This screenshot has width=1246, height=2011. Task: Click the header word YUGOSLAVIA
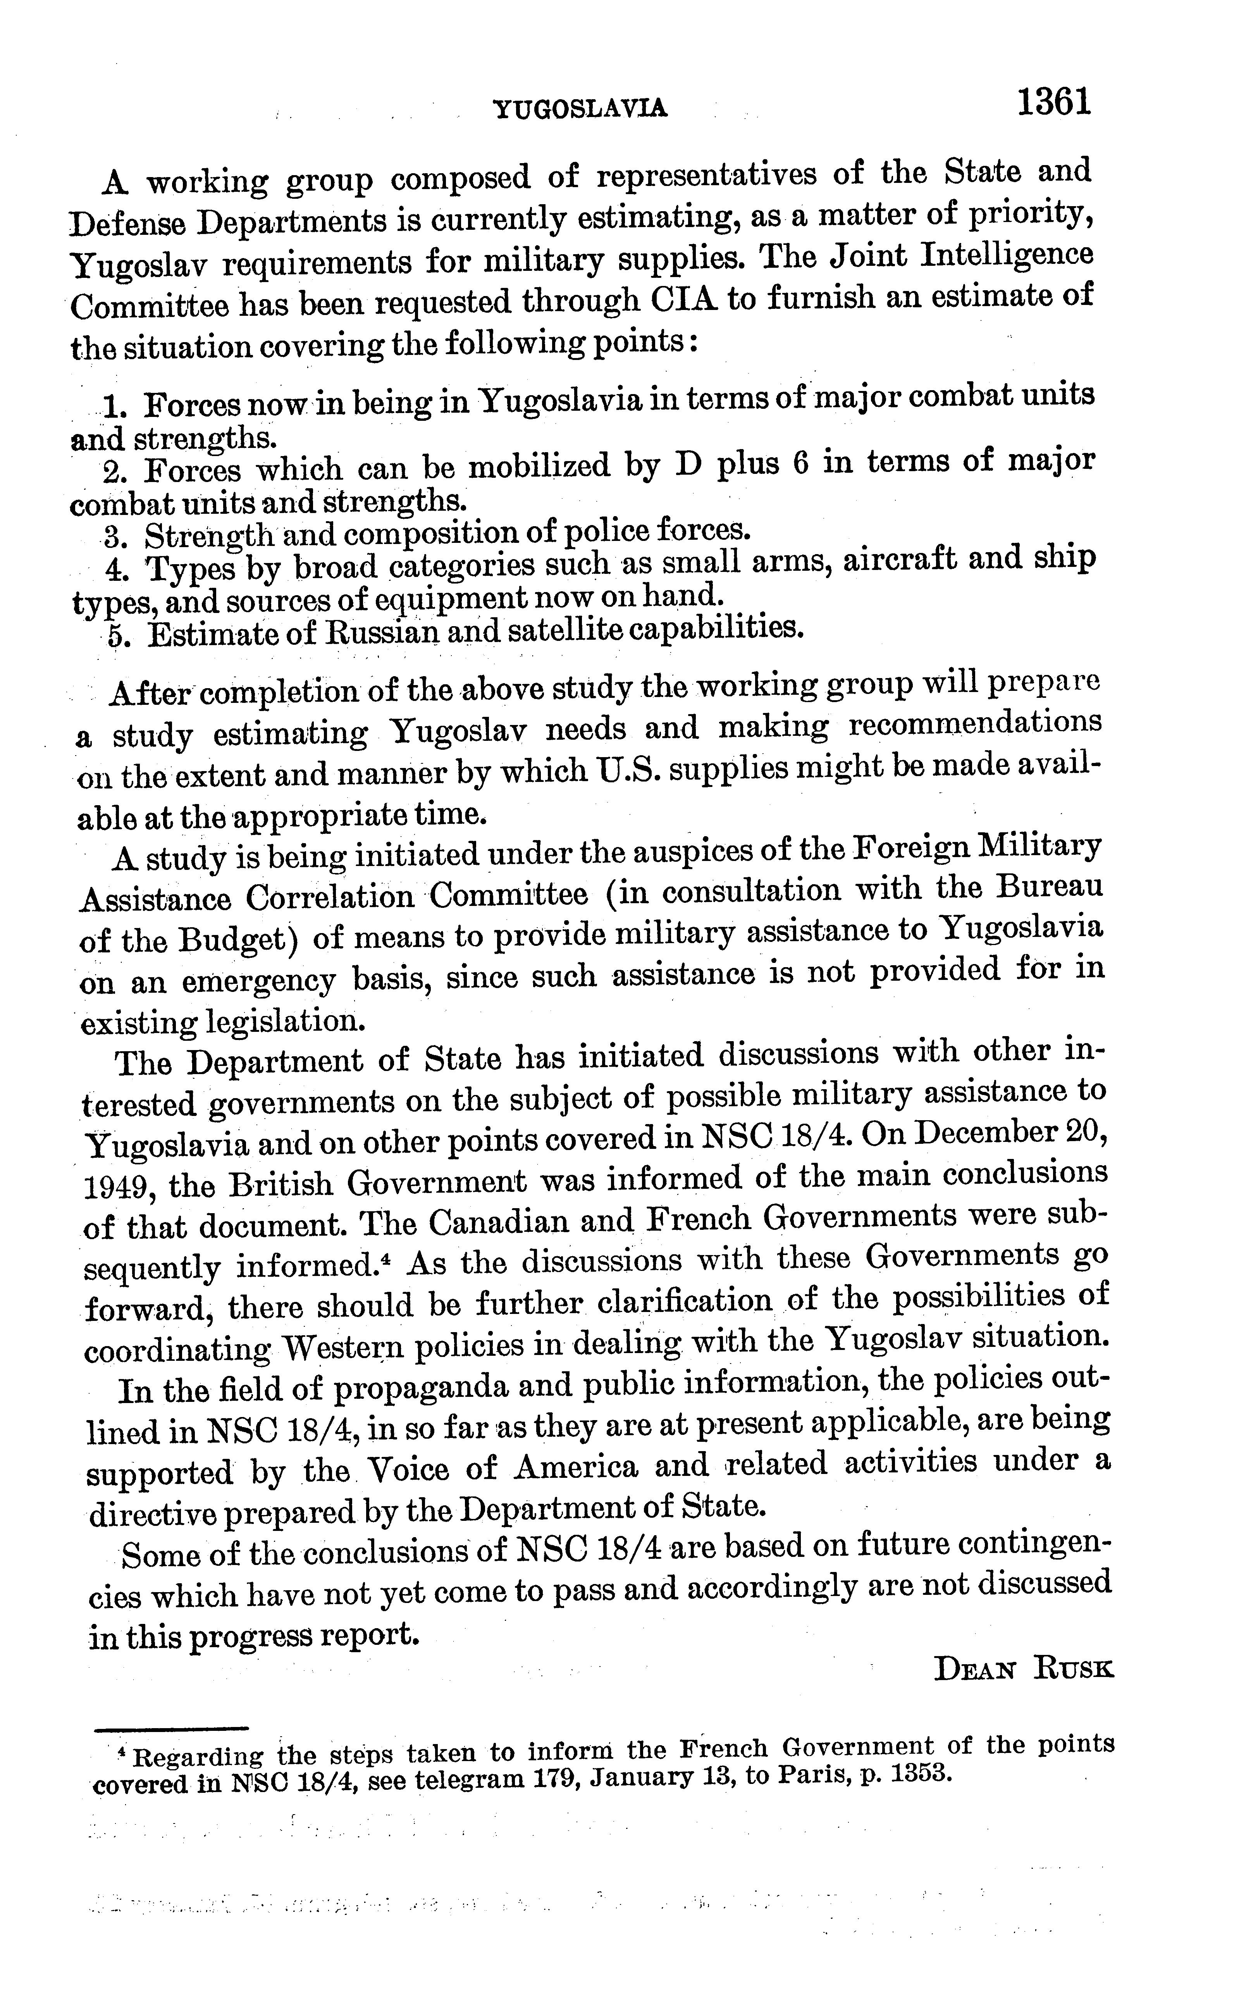pos(579,108)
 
